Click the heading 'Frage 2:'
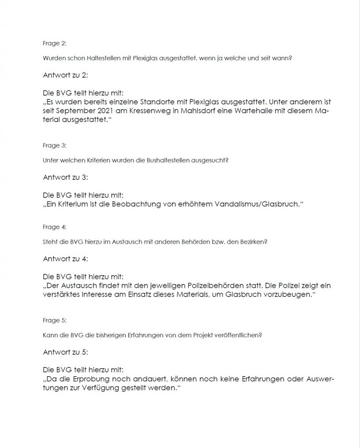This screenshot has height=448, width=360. pyautogui.click(x=54, y=43)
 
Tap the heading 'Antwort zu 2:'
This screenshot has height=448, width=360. pyautogui.click(x=66, y=75)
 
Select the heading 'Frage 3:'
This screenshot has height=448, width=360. pyautogui.click(x=54, y=145)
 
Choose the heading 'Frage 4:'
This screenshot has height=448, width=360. pyautogui.click(x=54, y=227)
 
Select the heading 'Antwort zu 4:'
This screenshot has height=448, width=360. pyautogui.click(x=66, y=259)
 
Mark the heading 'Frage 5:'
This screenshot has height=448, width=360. pyautogui.click(x=54, y=320)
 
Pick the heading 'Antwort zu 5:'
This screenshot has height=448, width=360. pyautogui.click(x=66, y=352)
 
